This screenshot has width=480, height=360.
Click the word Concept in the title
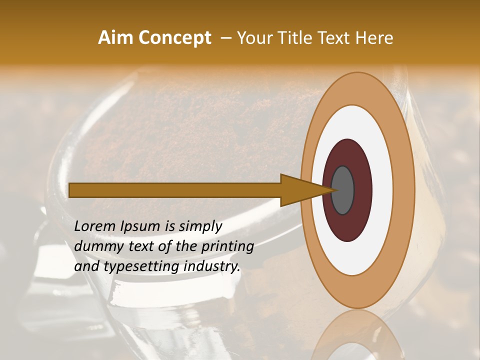pyautogui.click(x=175, y=38)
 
